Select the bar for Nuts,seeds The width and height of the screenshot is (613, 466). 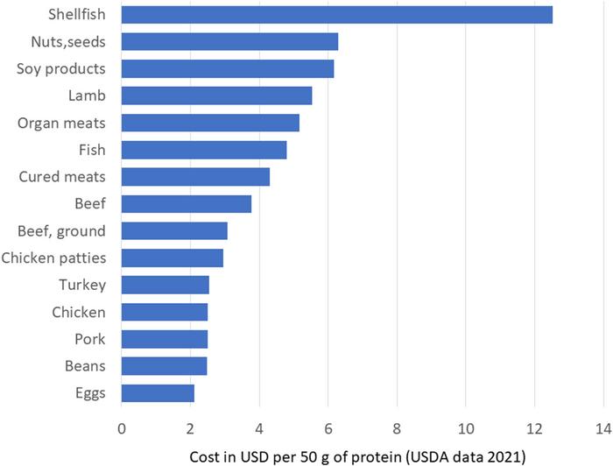click(x=229, y=42)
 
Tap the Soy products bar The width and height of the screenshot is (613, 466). click(x=227, y=69)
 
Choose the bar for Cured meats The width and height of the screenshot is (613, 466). click(x=195, y=177)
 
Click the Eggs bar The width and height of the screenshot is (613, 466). click(x=158, y=393)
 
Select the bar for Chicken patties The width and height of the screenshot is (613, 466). click(x=172, y=258)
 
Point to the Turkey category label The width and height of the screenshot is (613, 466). click(x=82, y=285)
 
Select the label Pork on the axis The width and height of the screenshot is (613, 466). click(x=89, y=339)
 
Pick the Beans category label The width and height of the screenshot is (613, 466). click(x=86, y=366)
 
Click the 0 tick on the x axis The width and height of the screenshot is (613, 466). click(x=121, y=428)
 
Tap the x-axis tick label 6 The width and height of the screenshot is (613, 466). click(x=328, y=428)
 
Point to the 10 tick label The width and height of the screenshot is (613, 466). click(x=465, y=428)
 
